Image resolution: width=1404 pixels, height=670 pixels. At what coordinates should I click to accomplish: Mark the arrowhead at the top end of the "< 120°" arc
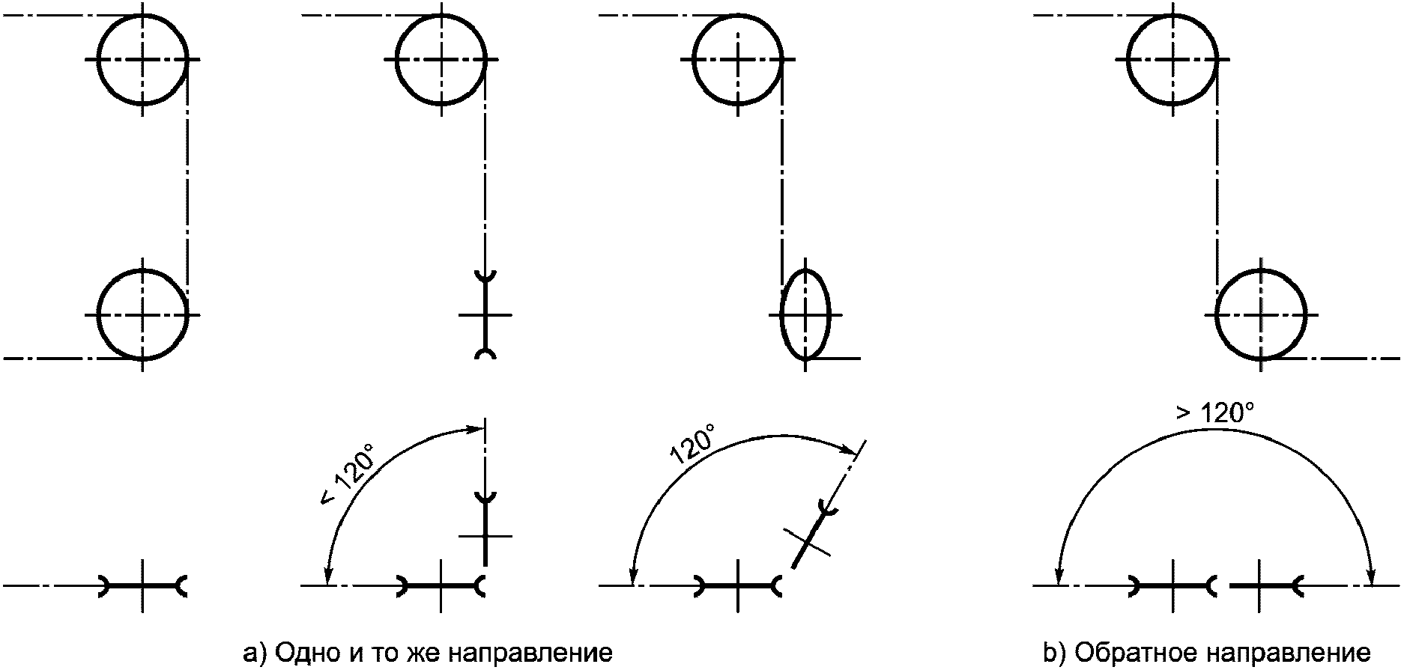pyautogui.click(x=478, y=429)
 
